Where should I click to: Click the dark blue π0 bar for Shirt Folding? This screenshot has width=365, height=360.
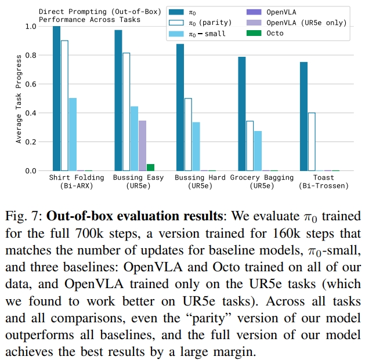tap(56, 99)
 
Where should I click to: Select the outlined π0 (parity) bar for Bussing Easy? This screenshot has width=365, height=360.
tap(127, 112)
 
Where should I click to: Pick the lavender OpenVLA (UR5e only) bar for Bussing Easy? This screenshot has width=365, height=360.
tap(143, 146)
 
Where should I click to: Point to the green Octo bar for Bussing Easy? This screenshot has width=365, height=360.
tap(151, 168)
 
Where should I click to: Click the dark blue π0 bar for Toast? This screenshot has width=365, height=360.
tap(303, 117)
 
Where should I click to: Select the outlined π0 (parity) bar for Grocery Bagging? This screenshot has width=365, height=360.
tap(250, 146)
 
